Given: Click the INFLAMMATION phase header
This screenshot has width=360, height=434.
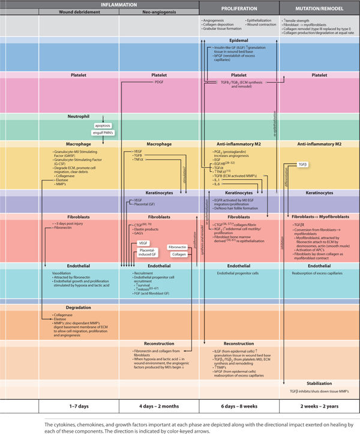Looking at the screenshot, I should pyautogui.click(x=118, y=4).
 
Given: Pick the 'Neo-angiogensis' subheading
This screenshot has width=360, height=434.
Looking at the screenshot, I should pyautogui.click(x=159, y=12).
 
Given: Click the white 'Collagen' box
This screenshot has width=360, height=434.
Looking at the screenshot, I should pyautogui.click(x=179, y=254).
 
